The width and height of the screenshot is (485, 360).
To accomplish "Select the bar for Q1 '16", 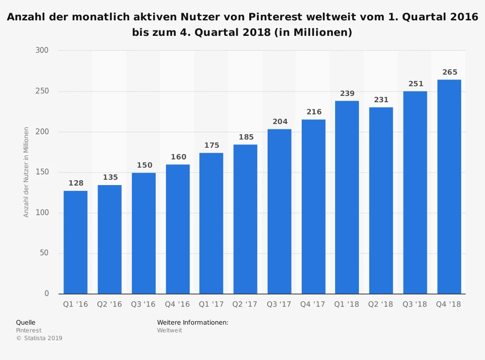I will (76, 242).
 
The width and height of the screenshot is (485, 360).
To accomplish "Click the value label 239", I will (347, 94).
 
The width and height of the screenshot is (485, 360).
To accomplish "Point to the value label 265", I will (450, 72).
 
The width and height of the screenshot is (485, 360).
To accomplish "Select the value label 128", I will (76, 183).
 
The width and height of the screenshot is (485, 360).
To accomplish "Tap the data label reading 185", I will (246, 137).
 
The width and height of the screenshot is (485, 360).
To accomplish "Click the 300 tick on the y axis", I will (42, 50).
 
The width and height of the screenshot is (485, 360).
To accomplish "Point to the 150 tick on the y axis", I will (42, 172).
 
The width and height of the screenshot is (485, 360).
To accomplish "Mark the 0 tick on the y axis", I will (47, 294).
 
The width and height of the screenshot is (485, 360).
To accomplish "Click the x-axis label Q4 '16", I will (178, 304).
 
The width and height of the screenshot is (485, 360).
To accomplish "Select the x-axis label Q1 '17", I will (211, 304).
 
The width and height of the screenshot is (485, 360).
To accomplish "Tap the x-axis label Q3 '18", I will (415, 304).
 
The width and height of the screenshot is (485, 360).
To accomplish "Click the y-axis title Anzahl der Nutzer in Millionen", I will (26, 172).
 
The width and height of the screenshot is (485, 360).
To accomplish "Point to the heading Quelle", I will (26, 322).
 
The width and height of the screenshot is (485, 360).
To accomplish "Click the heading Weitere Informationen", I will (193, 322).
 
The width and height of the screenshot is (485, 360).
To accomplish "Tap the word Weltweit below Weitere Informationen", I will (169, 330).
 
